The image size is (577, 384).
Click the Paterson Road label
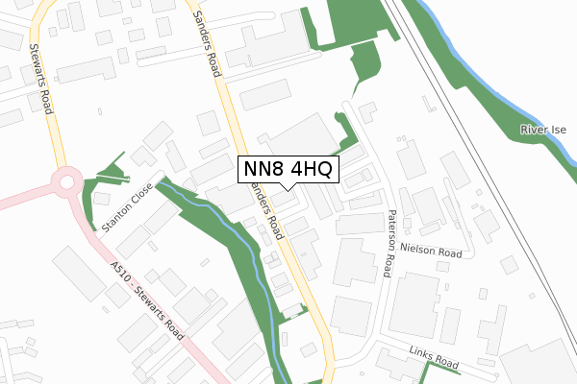point(389,244)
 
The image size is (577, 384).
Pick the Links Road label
point(434,359)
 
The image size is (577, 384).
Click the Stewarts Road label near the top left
point(39,79)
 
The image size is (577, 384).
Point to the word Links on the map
point(421,356)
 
